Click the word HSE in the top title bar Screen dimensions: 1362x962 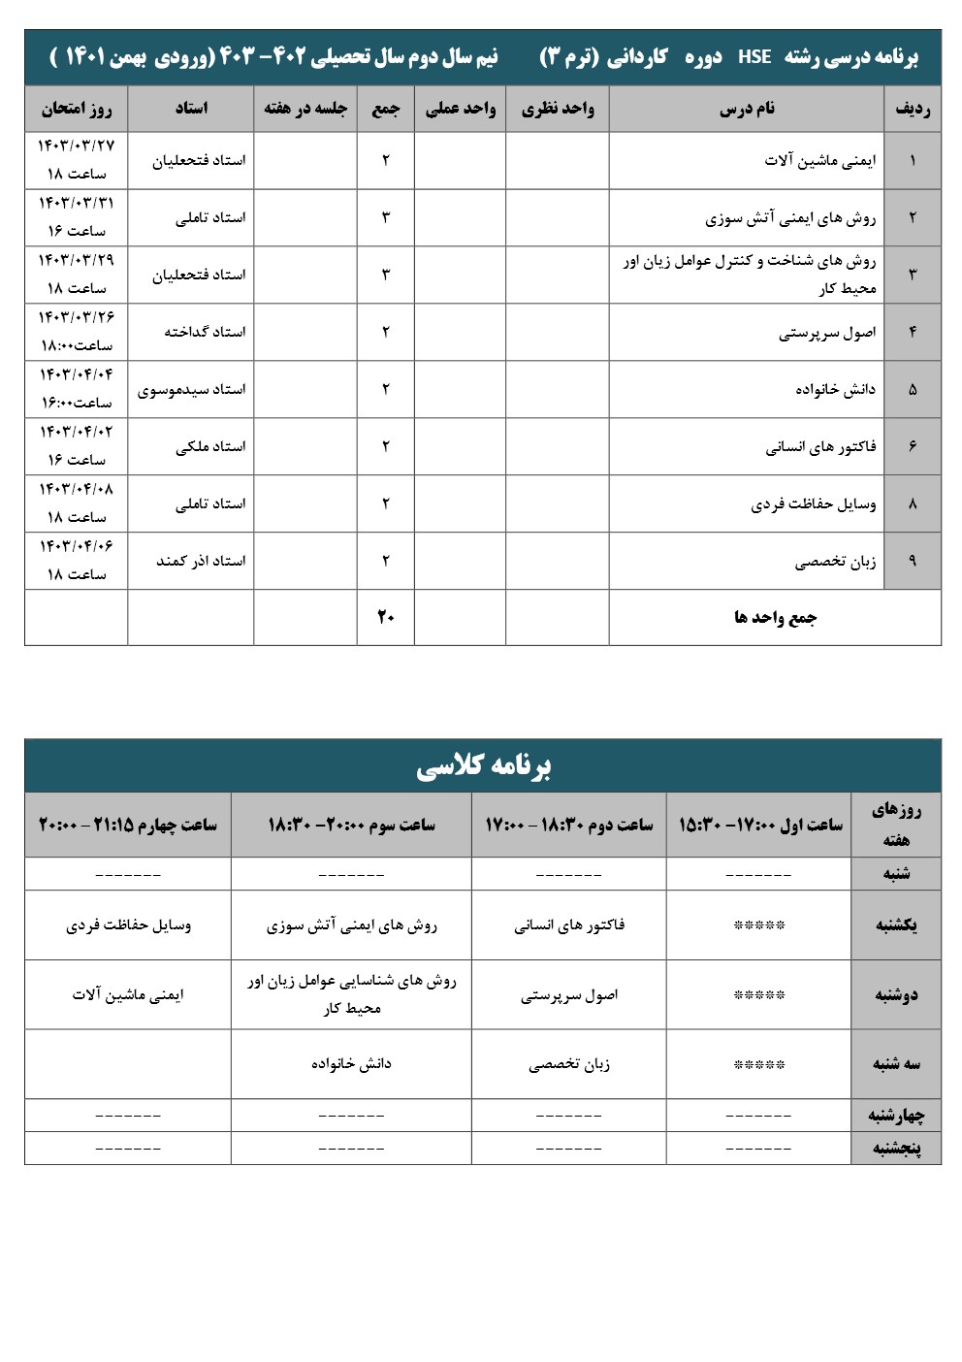[754, 57]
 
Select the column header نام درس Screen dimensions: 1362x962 [747, 109]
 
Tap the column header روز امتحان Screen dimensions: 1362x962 [76, 109]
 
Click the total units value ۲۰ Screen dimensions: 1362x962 [385, 617]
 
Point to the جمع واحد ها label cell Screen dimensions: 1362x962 [775, 617]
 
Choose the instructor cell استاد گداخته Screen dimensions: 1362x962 [205, 332]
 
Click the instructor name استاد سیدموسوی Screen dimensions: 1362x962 [191, 389]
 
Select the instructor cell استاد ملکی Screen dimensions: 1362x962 [210, 446]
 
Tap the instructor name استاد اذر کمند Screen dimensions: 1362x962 [201, 561]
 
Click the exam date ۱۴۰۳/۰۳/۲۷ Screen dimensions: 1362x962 [76, 146]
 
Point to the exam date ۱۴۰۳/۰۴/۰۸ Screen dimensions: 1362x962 [76, 489]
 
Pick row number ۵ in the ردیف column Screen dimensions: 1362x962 [912, 389]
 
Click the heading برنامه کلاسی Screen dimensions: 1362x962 [483, 766]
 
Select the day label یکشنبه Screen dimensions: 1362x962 [896, 925]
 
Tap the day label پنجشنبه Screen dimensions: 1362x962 [896, 1149]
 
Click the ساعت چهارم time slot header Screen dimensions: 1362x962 [127, 825]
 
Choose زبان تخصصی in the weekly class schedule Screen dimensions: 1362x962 [569, 1064]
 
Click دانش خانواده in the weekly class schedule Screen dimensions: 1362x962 [351, 1064]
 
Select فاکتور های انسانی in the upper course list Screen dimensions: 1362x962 [820, 446]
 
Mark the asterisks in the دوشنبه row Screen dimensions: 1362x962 [758, 995]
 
